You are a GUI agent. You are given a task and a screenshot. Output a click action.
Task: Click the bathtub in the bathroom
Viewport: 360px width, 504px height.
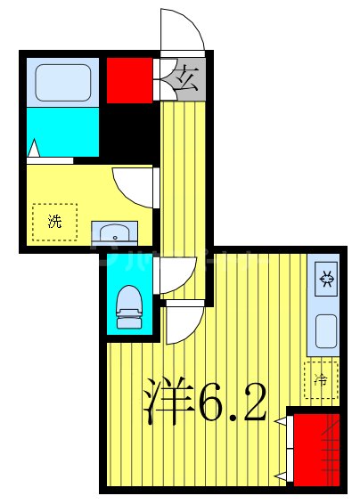[61, 83]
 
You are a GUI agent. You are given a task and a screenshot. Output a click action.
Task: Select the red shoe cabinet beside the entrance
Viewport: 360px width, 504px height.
[130, 81]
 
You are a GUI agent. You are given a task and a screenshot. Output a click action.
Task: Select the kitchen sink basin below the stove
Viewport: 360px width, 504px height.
[326, 331]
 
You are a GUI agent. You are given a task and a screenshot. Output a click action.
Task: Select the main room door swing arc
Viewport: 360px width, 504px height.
[183, 325]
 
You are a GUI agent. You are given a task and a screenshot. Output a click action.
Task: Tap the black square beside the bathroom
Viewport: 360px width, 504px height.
[128, 131]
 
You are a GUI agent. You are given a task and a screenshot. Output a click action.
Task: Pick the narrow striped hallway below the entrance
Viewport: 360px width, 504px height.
[184, 178]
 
